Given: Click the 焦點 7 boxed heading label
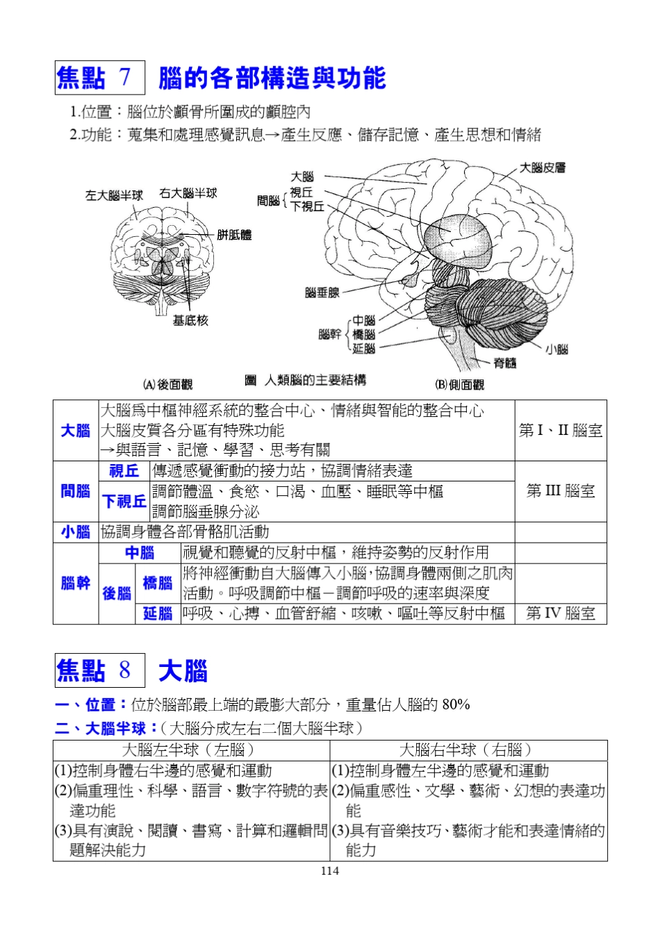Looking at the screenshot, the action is (100, 78).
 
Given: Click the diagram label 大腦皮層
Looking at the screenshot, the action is (543, 167).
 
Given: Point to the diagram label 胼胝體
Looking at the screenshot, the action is (234, 235).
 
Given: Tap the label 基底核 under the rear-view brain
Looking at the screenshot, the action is (190, 320).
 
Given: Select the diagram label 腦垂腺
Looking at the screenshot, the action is (322, 292).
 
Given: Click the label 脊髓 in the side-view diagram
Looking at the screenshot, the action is (505, 363).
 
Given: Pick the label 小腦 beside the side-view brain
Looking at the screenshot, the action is (556, 349).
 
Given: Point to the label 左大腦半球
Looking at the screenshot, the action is (114, 195).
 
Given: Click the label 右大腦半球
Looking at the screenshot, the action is (188, 193).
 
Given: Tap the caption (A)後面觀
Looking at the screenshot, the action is (167, 384).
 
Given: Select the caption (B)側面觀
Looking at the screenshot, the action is (459, 384).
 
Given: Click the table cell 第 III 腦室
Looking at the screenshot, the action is (561, 491).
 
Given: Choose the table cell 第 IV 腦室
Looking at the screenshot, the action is (561, 613).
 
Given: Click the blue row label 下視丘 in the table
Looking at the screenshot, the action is (124, 502).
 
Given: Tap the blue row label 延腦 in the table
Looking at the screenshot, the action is (158, 613).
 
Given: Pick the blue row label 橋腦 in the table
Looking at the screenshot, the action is (158, 583).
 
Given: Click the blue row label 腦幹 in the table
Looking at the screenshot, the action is (76, 583).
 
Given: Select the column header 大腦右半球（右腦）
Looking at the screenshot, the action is (468, 750).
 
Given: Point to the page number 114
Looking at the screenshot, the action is (330, 871).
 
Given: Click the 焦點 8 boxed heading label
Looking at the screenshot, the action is (100, 670).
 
